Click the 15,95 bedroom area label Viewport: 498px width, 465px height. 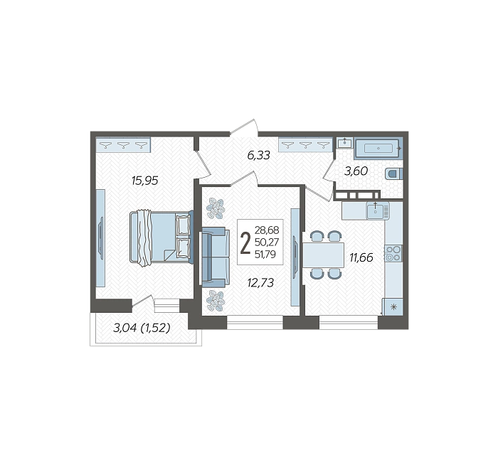pyautogui.click(x=145, y=181)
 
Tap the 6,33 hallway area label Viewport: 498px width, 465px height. pyautogui.click(x=258, y=155)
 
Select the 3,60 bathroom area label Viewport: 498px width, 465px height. pyautogui.click(x=356, y=171)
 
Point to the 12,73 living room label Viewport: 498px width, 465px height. pyautogui.click(x=260, y=282)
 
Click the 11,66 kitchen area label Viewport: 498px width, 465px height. pyautogui.click(x=361, y=257)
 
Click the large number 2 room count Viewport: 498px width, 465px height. pyautogui.click(x=245, y=243)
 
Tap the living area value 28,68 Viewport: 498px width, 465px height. pyautogui.click(x=267, y=230)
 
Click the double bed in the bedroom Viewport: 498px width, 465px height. pyautogui.click(x=161, y=237)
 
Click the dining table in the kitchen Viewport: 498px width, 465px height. pyautogui.click(x=323, y=255)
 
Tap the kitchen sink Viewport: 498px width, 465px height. pyautogui.click(x=377, y=210)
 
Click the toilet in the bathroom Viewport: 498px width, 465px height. pyautogui.click(x=394, y=174)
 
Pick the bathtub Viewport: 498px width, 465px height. pyautogui.click(x=378, y=148)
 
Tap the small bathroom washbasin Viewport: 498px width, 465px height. pyautogui.click(x=344, y=143)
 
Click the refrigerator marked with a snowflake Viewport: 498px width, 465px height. pyautogui.click(x=393, y=307)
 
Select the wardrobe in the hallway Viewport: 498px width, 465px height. pyautogui.click(x=305, y=145)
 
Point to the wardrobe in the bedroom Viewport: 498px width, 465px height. pyautogui.click(x=123, y=145)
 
